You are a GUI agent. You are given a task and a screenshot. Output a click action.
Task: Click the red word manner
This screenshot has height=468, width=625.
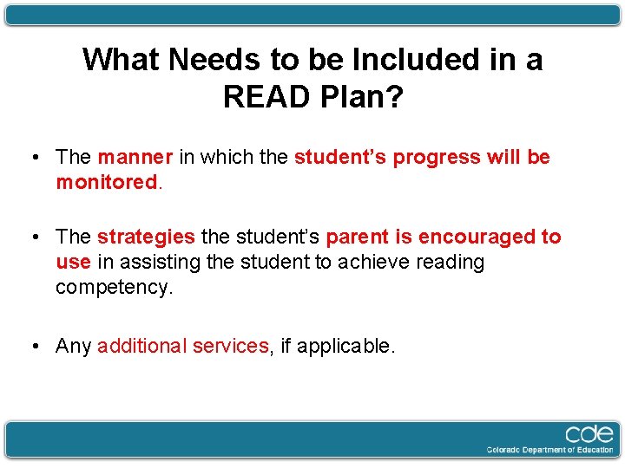135,158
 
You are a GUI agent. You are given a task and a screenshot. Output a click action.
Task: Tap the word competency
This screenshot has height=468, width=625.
114,287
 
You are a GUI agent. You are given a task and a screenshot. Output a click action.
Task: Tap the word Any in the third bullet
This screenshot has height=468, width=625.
73,347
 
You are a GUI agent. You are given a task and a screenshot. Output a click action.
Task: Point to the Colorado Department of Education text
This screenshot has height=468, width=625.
550,450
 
